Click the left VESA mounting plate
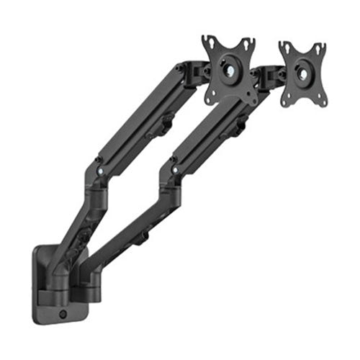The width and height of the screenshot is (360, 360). click(x=229, y=71)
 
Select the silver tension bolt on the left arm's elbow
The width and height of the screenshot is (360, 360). click(x=98, y=171)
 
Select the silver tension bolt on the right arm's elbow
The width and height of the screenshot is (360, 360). click(x=173, y=170)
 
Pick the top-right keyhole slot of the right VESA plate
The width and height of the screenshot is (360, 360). click(x=321, y=46)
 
